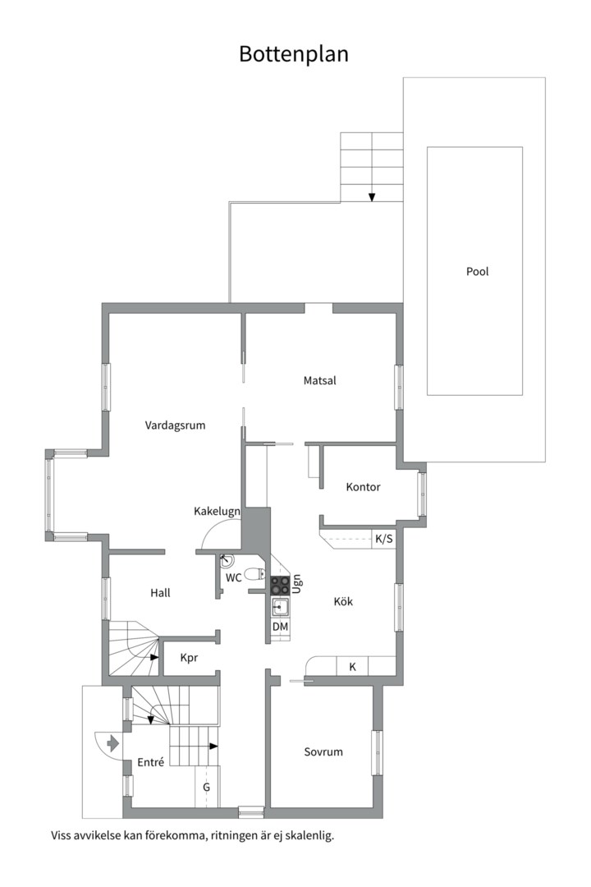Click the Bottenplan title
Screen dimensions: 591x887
click(x=294, y=54)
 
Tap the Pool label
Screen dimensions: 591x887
click(x=478, y=272)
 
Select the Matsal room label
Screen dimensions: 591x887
click(x=319, y=381)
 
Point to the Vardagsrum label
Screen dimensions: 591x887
click(x=175, y=425)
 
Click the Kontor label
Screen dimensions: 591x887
click(x=363, y=487)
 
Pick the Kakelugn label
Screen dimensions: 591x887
click(x=218, y=512)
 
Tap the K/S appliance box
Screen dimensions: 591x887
click(x=384, y=539)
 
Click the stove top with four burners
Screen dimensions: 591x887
click(x=280, y=585)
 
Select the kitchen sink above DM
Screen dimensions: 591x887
click(x=280, y=608)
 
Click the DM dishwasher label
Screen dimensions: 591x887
click(x=280, y=627)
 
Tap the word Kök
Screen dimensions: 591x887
click(x=343, y=601)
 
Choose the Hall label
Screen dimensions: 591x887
click(x=160, y=593)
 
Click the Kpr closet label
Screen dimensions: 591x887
click(x=189, y=658)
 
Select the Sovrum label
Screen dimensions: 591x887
click(x=323, y=751)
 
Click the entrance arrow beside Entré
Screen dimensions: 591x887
click(x=112, y=742)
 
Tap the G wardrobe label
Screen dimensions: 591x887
click(x=206, y=787)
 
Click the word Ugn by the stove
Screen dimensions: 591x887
click(x=296, y=585)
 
